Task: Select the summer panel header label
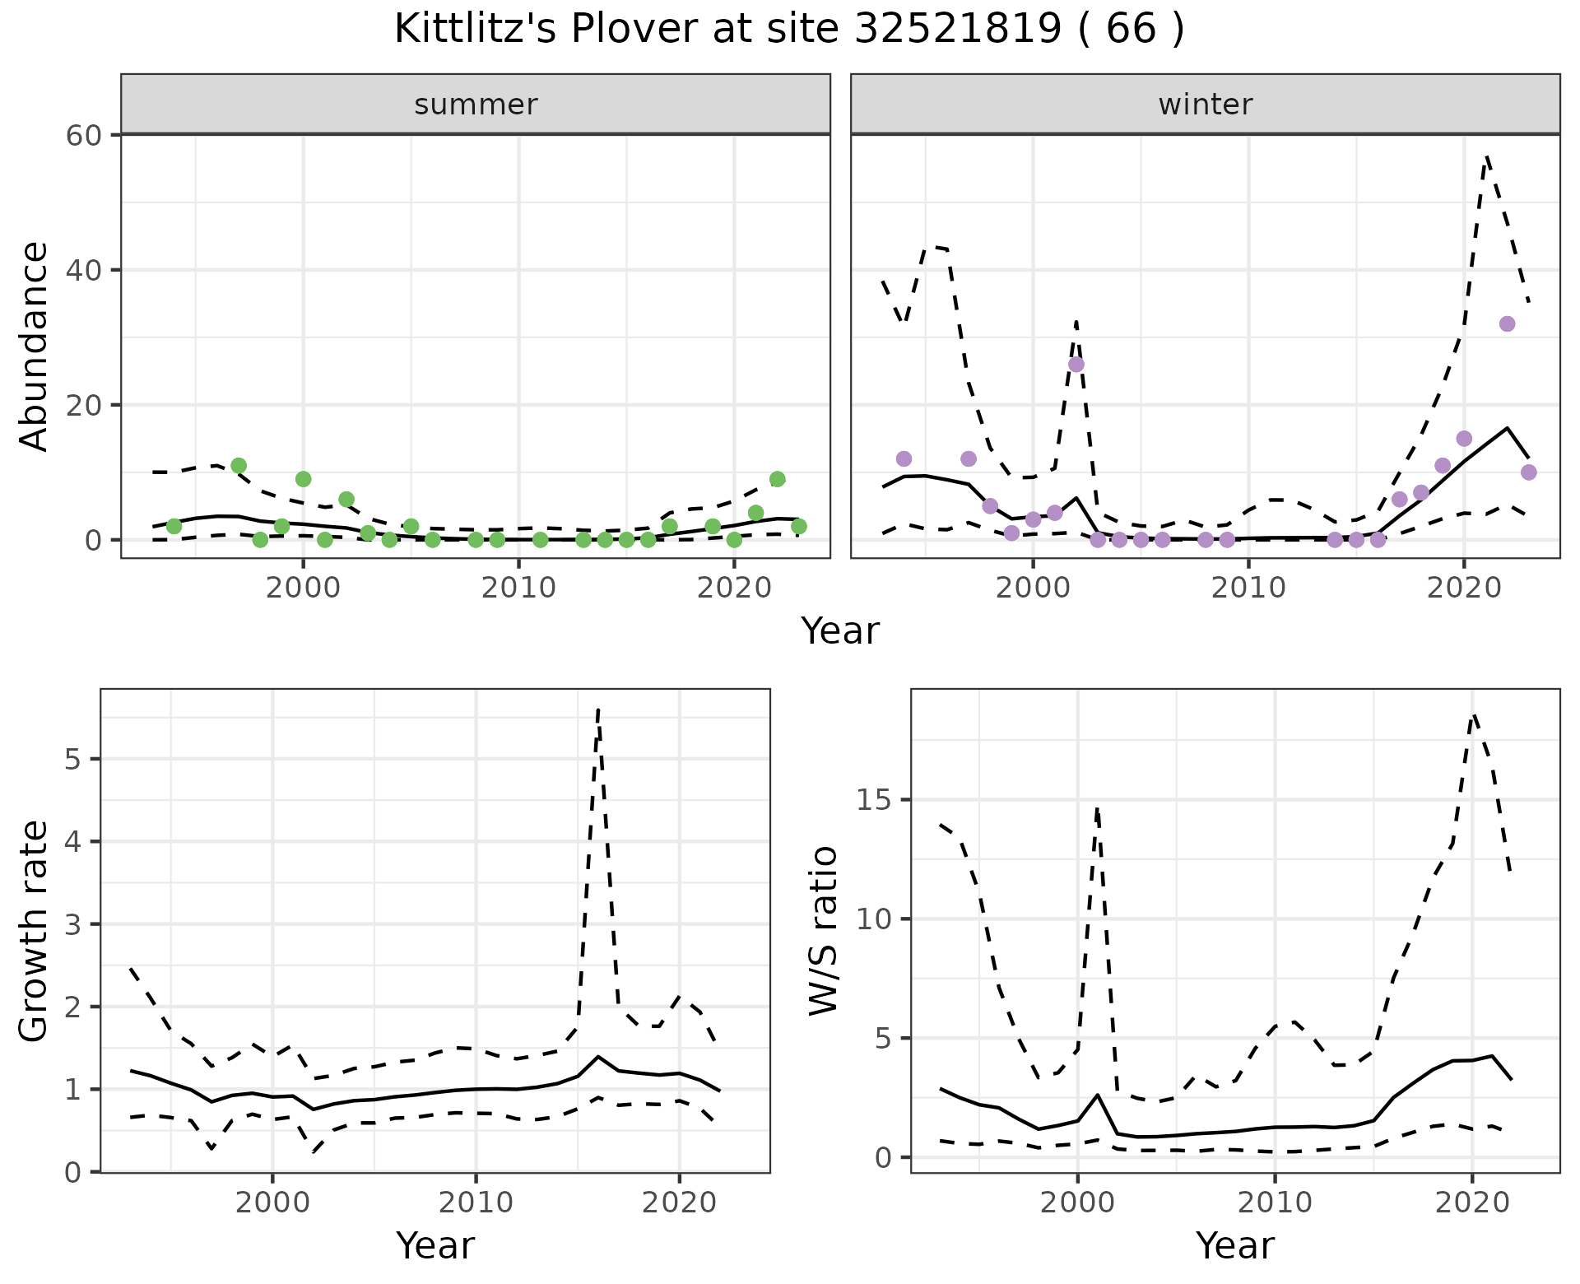tap(476, 105)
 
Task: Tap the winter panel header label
tap(1205, 105)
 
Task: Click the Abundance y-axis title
tap(34, 346)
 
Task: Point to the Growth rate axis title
tap(34, 931)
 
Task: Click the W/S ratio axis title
tap(823, 931)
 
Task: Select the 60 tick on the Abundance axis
tap(82, 135)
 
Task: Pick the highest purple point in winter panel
tap(1507, 324)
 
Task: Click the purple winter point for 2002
tap(1076, 365)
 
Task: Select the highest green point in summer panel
tap(239, 466)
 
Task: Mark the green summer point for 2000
tap(303, 479)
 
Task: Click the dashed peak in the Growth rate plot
tap(598, 709)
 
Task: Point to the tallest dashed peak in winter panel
tap(1486, 156)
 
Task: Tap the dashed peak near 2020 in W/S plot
tap(1474, 714)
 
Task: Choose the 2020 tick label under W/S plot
tap(1472, 1203)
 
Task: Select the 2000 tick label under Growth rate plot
tap(272, 1203)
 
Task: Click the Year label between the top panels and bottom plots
tap(839, 631)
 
